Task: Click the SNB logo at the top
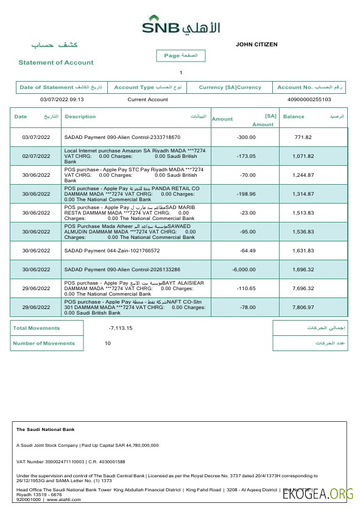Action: pyautogui.click(x=181, y=26)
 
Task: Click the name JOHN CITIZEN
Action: pyautogui.click(x=256, y=44)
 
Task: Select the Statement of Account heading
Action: pyautogui.click(x=56, y=62)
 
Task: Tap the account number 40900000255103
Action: pyautogui.click(x=308, y=99)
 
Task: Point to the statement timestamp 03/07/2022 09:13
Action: pyautogui.click(x=62, y=99)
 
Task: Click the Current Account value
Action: pyautogui.click(x=147, y=99)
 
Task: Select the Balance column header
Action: pyautogui.click(x=294, y=116)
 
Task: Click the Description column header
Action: pyautogui.click(x=80, y=116)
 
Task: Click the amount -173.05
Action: pyautogui.click(x=245, y=156)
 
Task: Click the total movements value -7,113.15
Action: pyautogui.click(x=121, y=328)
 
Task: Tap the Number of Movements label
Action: pyautogui.click(x=44, y=343)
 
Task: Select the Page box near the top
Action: pyautogui.click(x=181, y=55)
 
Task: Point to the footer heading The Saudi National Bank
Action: pyautogui.click(x=41, y=430)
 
